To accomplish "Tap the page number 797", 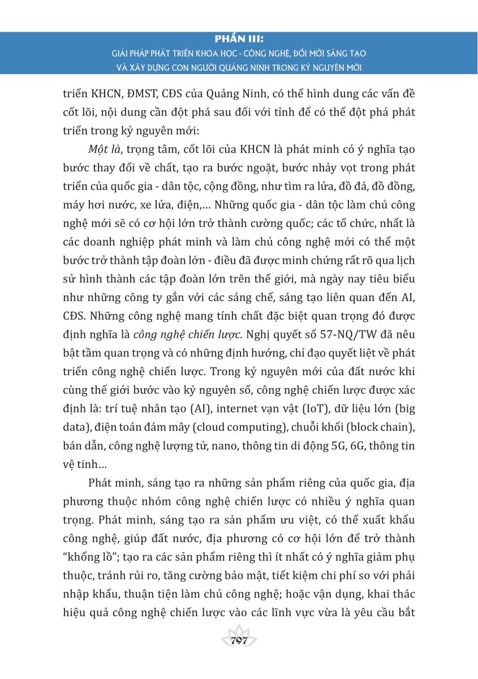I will [239, 641].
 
